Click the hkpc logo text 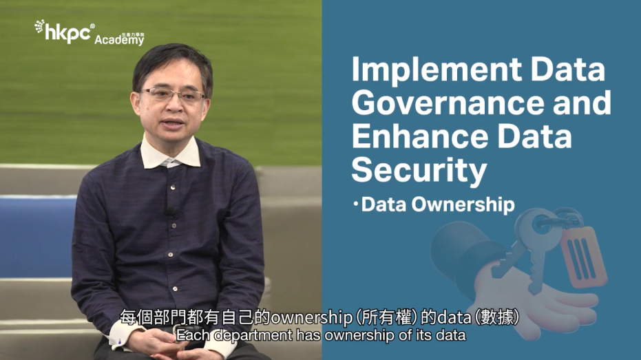tap(67, 33)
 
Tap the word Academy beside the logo tap(119, 40)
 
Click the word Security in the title tap(419, 171)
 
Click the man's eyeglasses tap(173, 95)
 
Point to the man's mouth tap(174, 123)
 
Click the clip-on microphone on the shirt tap(170, 212)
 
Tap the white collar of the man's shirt tap(170, 153)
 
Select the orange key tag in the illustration tap(583, 257)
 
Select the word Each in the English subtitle tap(193, 335)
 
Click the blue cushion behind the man tap(38, 237)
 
